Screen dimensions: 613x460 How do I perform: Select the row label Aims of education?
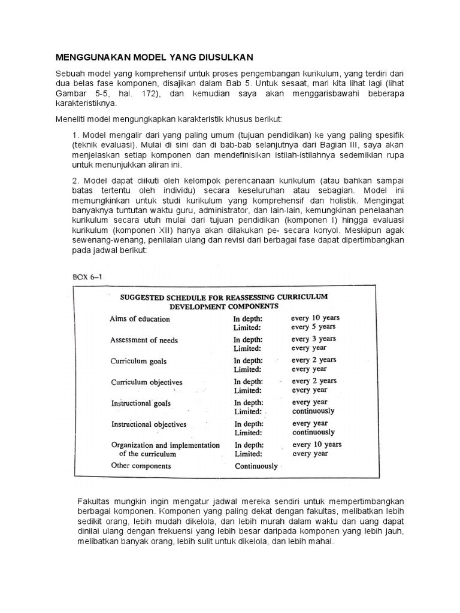click(140, 319)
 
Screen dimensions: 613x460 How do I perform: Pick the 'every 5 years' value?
click(313, 327)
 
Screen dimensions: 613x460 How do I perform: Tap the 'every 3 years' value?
click(314, 339)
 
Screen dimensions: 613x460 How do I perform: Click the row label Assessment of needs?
click(144, 340)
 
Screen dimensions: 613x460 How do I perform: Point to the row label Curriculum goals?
click(138, 362)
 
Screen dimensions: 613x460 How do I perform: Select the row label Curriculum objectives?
click(147, 382)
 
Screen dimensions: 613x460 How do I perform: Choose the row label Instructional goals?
click(141, 403)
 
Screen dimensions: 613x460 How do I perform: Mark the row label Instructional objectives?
click(149, 424)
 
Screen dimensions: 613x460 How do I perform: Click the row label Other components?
click(141, 466)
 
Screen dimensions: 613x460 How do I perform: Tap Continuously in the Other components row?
click(256, 466)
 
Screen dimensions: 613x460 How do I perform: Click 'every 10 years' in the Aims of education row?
click(316, 318)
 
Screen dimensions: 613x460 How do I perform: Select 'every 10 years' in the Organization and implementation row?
click(317, 445)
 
